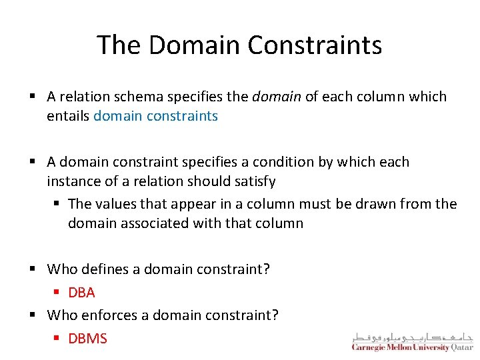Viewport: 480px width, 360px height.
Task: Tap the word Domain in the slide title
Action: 194,45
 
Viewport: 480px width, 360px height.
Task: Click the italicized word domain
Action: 277,97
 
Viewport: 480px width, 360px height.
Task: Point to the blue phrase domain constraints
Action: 155,116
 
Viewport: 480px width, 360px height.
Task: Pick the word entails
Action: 68,116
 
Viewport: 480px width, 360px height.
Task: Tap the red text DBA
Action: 81,292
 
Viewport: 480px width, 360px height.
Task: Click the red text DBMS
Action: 87,339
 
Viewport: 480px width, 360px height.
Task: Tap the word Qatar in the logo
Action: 461,347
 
